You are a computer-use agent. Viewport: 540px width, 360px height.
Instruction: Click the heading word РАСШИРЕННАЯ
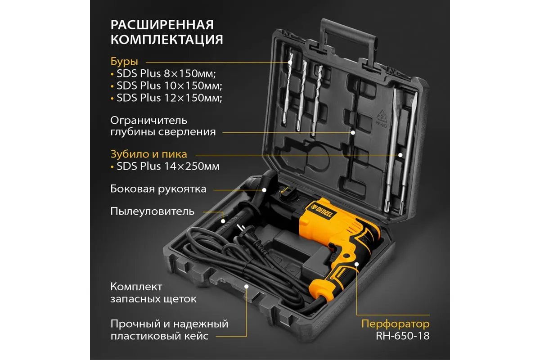pos(162,25)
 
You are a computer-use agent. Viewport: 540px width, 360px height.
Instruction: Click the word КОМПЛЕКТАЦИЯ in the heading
pos(167,40)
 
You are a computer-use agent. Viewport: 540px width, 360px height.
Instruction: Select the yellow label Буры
pos(124,62)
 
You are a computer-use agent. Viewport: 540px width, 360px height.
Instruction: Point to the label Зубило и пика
pos(149,154)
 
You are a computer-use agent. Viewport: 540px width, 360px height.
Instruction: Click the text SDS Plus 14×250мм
pos(168,166)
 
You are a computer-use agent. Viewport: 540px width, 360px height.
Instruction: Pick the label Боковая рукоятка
pos(158,189)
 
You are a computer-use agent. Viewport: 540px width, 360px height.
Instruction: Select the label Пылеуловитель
pos(153,211)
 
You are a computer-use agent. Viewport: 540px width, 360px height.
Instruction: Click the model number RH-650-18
pos(403,336)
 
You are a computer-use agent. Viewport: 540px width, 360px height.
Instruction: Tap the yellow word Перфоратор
pos(396,324)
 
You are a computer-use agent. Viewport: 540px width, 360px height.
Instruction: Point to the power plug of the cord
pos(241,230)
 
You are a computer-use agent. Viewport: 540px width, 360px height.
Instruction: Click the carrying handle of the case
pos(348,39)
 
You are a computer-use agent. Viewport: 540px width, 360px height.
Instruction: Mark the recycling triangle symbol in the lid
pos(382,117)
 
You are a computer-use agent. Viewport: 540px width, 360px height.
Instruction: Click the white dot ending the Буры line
pos(290,62)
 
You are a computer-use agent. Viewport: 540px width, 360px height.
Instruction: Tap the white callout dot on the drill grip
pos(356,264)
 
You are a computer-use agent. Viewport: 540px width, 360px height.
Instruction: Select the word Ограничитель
pos(149,120)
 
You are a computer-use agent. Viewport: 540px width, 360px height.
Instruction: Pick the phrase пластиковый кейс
pos(160,336)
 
